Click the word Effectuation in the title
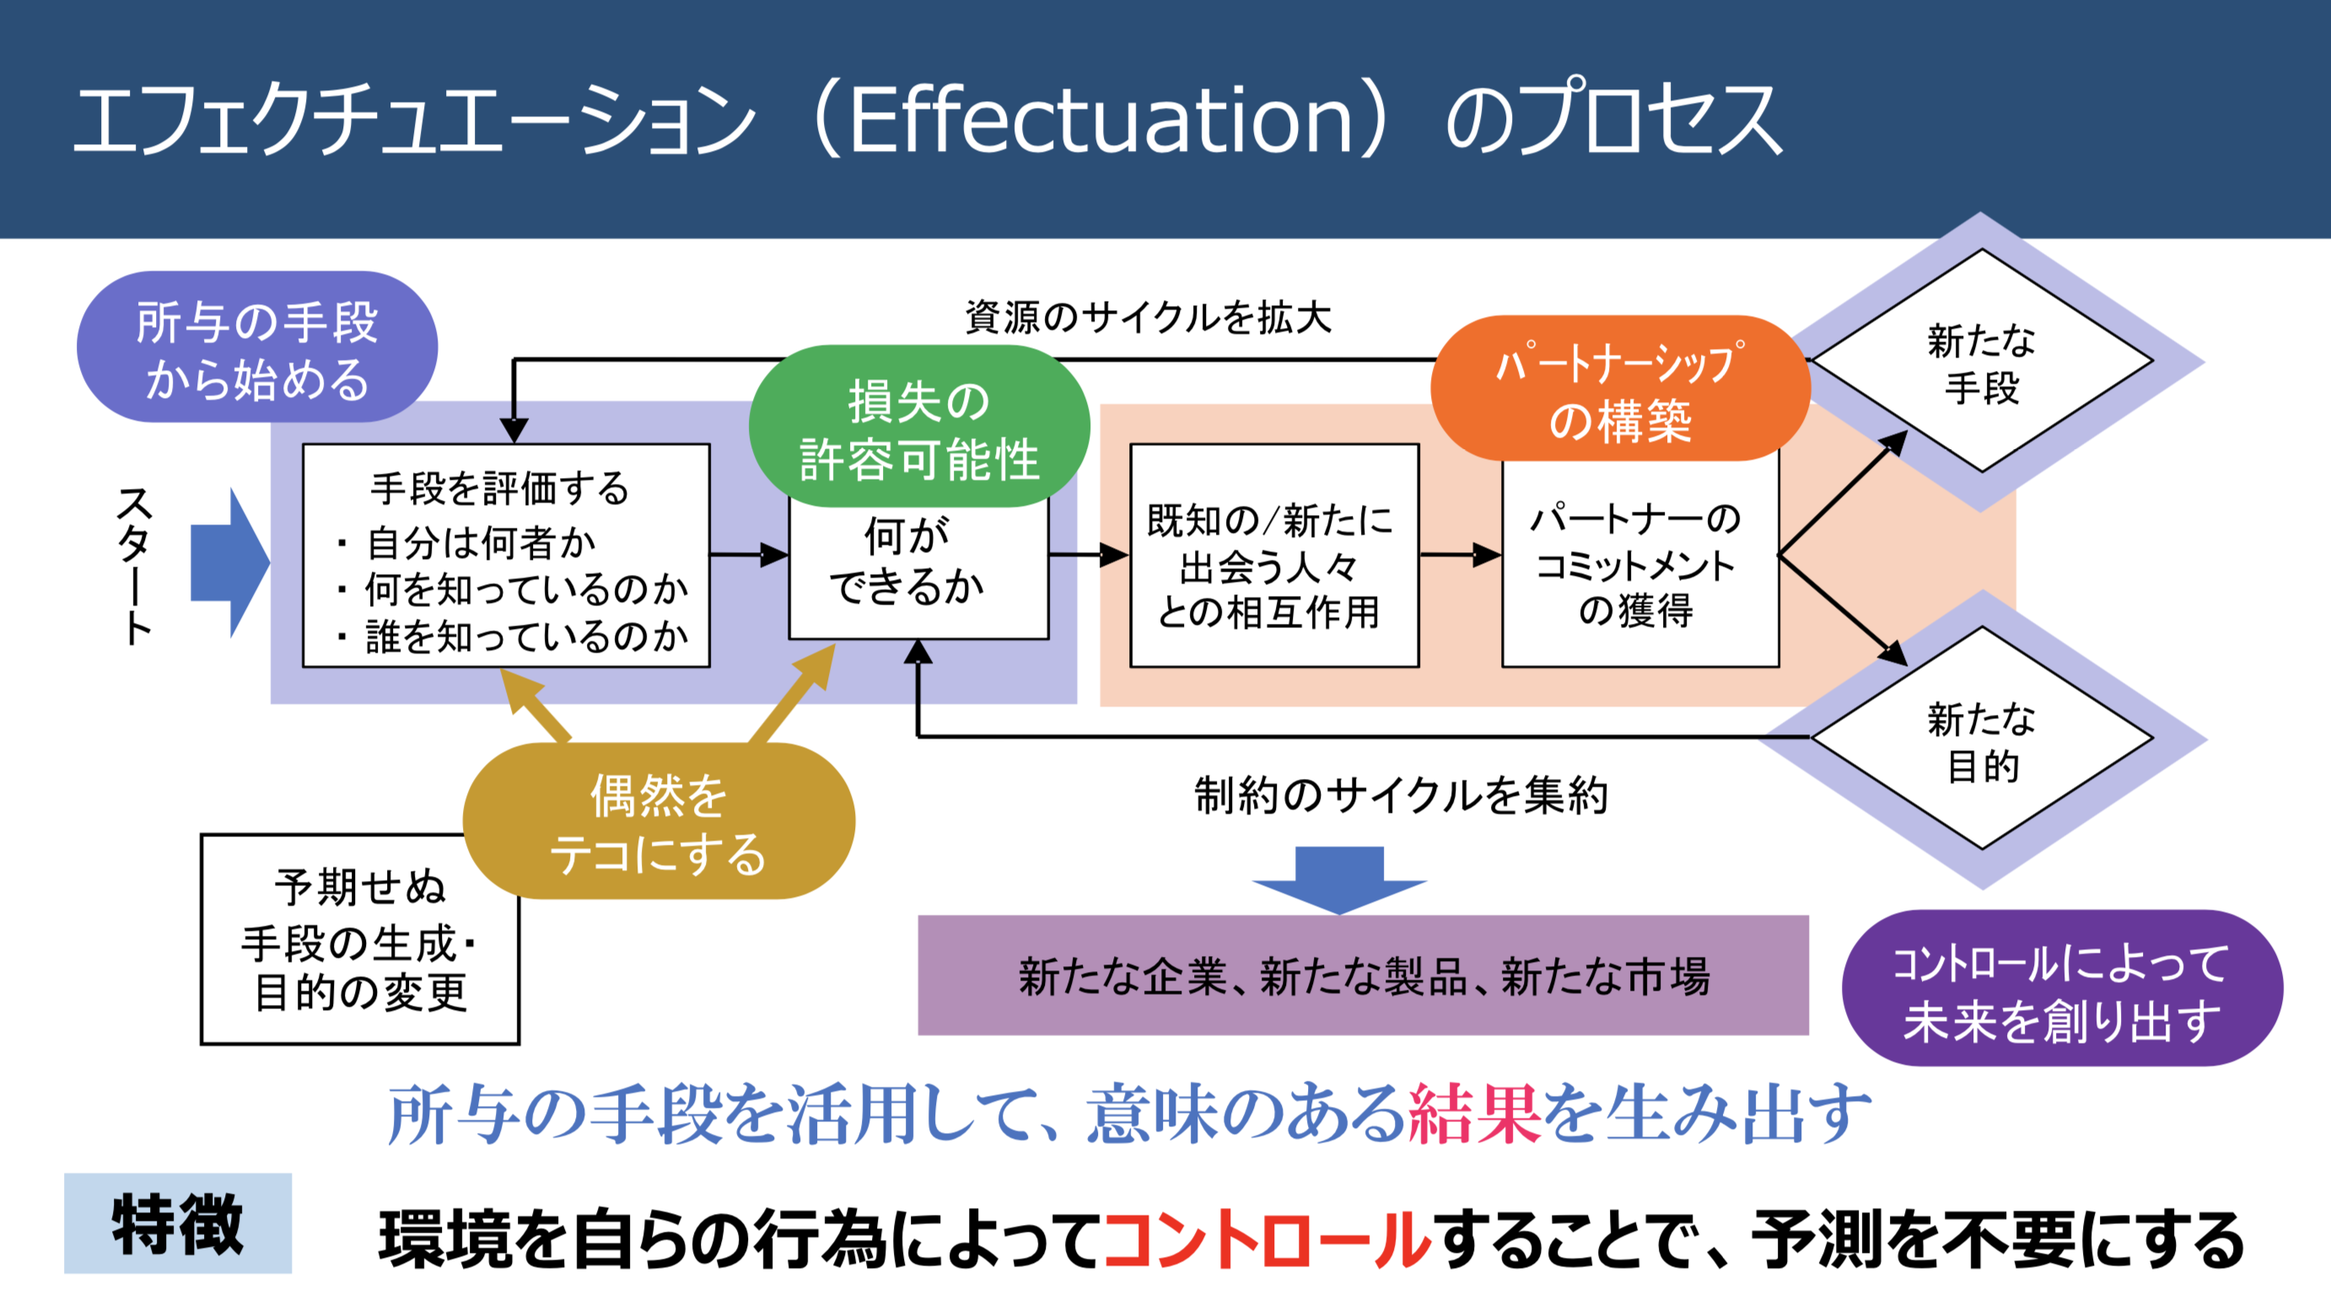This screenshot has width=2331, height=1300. (1100, 120)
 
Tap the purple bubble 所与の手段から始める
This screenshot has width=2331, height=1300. (257, 348)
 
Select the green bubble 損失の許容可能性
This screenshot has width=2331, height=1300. (918, 428)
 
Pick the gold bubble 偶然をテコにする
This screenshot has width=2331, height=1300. (659, 823)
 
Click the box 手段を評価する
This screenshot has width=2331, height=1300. (506, 556)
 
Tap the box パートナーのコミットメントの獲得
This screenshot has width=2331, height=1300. (1639, 565)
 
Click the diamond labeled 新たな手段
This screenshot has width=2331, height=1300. (1981, 363)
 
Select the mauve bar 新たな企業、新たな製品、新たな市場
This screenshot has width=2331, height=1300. (1363, 975)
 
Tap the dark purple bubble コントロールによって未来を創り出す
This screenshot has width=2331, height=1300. (2061, 989)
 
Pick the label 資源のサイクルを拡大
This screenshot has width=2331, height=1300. (1149, 318)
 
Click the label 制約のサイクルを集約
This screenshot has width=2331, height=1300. (1400, 795)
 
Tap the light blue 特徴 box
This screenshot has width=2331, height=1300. (178, 1223)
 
